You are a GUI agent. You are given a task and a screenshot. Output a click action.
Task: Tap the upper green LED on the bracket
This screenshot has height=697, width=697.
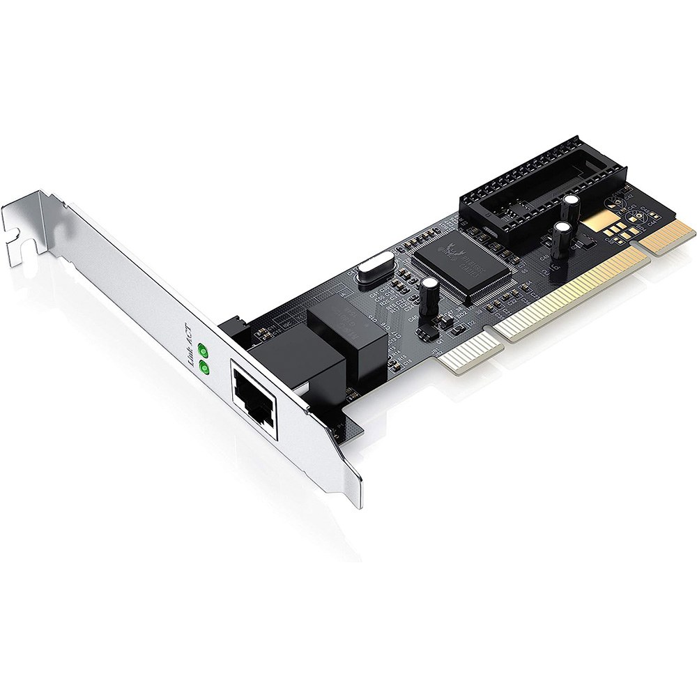tap(204, 351)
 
